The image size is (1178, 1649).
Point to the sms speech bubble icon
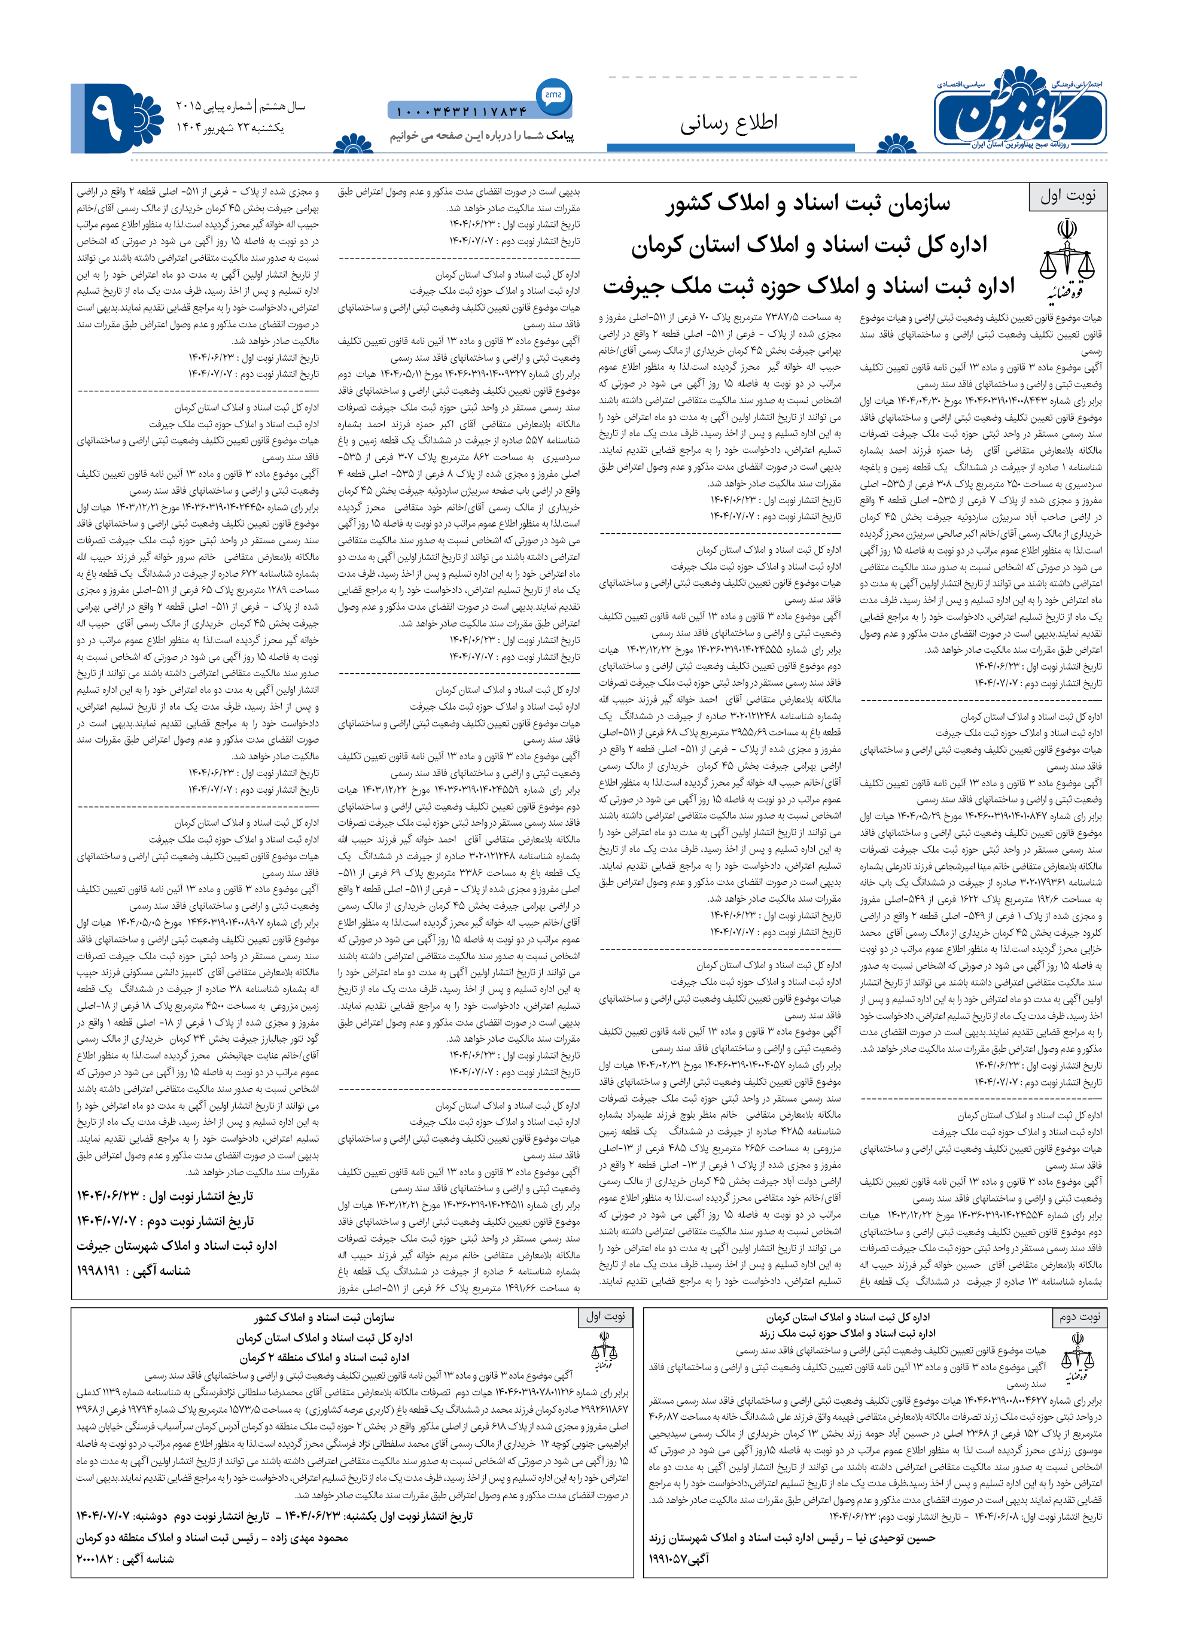553,95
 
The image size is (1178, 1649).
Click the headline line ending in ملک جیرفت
808,286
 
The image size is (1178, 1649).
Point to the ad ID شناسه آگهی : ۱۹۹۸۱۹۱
133,1270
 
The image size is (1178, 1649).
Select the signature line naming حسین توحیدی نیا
792,1537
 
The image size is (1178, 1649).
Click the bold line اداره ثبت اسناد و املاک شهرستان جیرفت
177,1246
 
